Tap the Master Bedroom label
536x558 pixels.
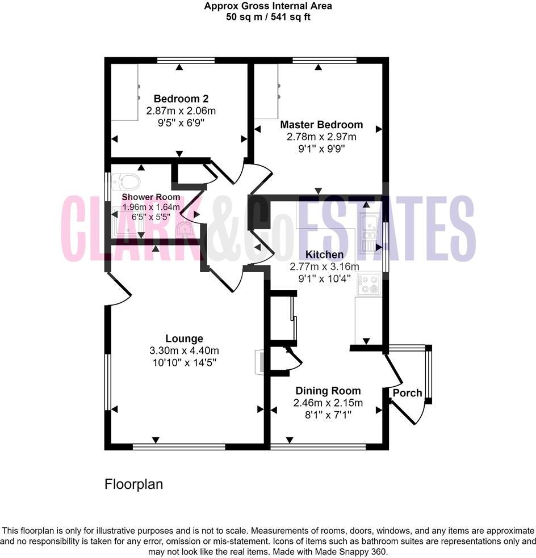click(x=321, y=125)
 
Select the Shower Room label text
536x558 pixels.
click(x=151, y=197)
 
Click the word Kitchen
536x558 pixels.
click(x=324, y=255)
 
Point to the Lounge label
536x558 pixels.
click(x=184, y=339)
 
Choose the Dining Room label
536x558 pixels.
click(x=328, y=391)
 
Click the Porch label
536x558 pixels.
click(x=407, y=393)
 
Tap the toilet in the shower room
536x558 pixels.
click(x=127, y=182)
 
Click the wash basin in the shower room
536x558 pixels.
click(x=186, y=229)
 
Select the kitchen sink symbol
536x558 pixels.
click(x=370, y=232)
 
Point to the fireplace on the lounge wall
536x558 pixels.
click(x=259, y=361)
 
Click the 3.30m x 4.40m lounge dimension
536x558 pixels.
click(x=184, y=350)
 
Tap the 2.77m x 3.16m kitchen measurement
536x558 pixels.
click(x=324, y=267)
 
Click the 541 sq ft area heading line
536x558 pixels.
click(x=268, y=17)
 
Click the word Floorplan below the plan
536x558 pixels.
click(x=134, y=484)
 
